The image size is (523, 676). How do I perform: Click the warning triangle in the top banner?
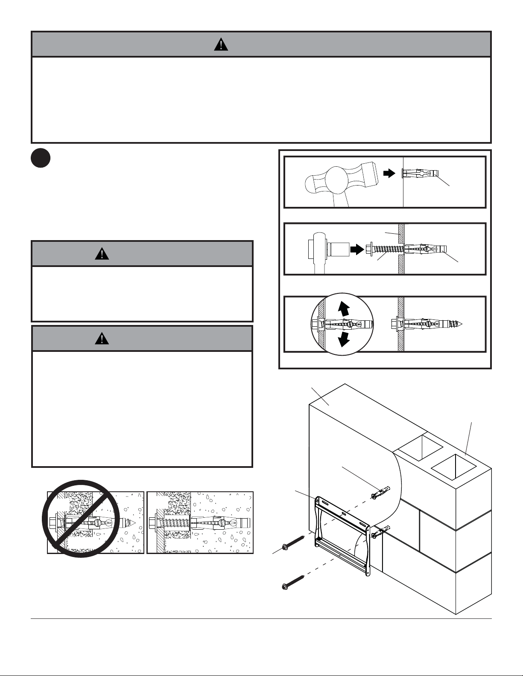(221, 44)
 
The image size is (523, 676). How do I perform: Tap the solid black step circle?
(41, 158)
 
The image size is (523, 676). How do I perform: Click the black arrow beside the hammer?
(389, 173)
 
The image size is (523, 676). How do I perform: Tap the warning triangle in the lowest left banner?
(102, 339)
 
